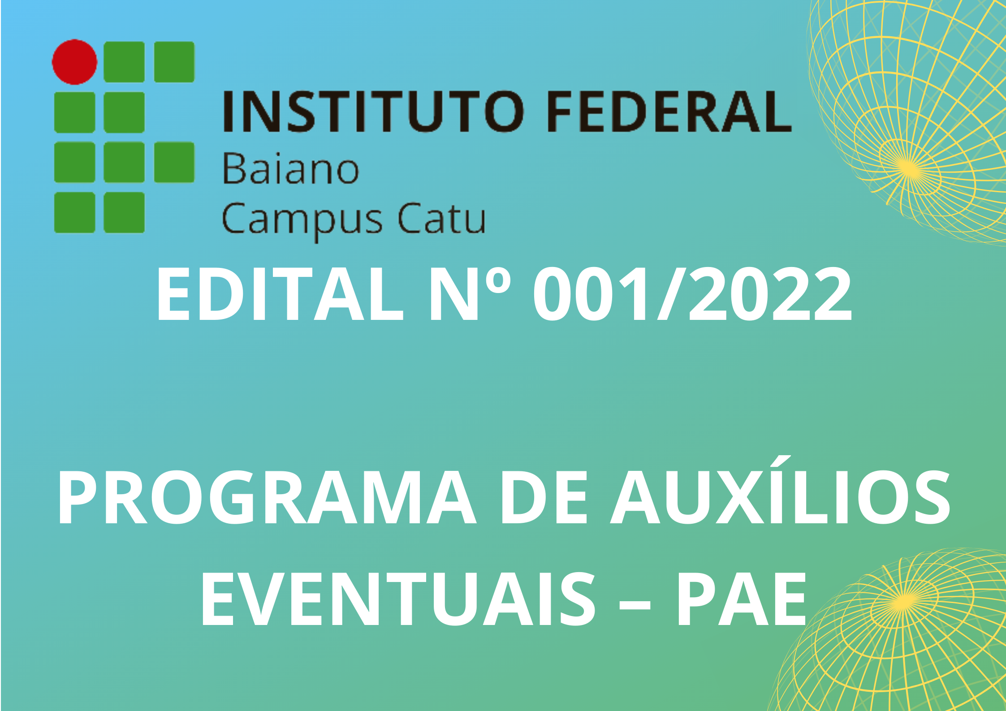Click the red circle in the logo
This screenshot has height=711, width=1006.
74,62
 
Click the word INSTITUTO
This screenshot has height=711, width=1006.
374,111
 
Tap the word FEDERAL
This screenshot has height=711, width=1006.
669,111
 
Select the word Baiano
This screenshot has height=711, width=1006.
291,169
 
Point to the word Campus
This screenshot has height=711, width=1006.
302,220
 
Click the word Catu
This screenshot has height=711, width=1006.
442,218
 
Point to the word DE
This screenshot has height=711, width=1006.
544,497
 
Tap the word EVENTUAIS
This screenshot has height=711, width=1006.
398,599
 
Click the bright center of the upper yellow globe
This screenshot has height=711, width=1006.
908,169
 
